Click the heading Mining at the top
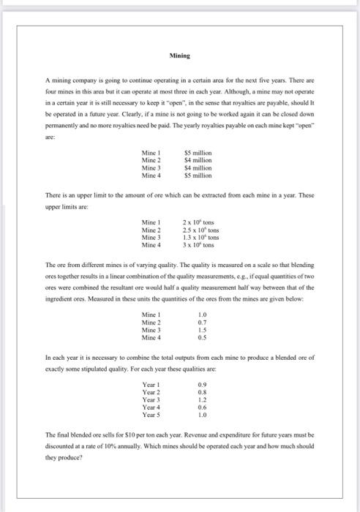pos(179,55)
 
